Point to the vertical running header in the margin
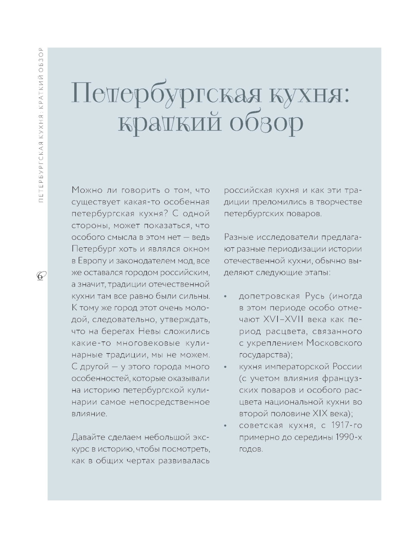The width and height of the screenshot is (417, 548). click(40, 125)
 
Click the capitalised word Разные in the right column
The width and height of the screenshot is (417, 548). click(239, 237)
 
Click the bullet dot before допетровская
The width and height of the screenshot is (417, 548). click(225, 297)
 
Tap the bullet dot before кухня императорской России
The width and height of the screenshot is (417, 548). click(225, 367)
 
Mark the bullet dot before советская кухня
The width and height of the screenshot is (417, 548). click(225, 426)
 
